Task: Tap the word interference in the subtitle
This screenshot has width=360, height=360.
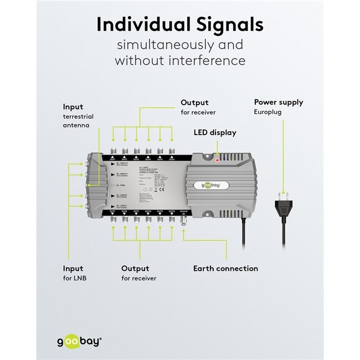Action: (210, 60)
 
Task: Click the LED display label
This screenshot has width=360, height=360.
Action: (214, 132)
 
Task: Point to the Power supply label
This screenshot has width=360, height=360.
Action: (278, 102)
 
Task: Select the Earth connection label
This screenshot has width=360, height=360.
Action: (225, 269)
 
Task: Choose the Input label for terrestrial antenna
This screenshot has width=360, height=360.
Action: (73, 107)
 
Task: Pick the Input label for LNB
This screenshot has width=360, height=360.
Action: (73, 269)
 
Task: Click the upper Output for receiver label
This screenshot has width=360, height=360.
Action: (194, 102)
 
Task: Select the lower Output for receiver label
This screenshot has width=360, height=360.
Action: (135, 269)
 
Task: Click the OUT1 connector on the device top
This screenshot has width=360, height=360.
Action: (112, 151)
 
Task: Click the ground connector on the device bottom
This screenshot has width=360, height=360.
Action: (184, 219)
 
